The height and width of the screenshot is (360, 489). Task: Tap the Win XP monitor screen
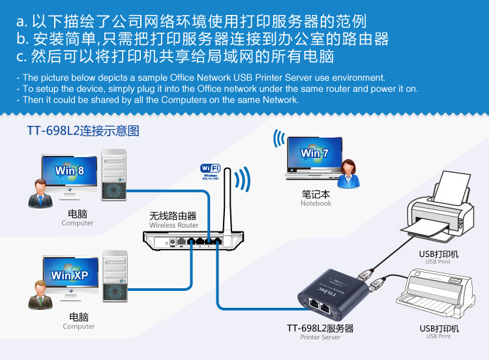pos(69,274)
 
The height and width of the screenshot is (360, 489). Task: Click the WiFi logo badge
pos(210,172)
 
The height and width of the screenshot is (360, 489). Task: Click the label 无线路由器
pos(173,216)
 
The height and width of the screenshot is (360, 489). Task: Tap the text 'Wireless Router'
pos(173,226)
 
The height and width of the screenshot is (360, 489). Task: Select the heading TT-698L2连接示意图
pos(83,130)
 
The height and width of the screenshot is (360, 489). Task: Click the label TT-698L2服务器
pos(320,328)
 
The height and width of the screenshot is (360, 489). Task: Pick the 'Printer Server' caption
pos(320,338)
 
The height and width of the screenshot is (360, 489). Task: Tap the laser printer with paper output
pos(439,209)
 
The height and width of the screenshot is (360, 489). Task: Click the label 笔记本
pos(316,194)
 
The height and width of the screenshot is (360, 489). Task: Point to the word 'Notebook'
pos(316,203)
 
